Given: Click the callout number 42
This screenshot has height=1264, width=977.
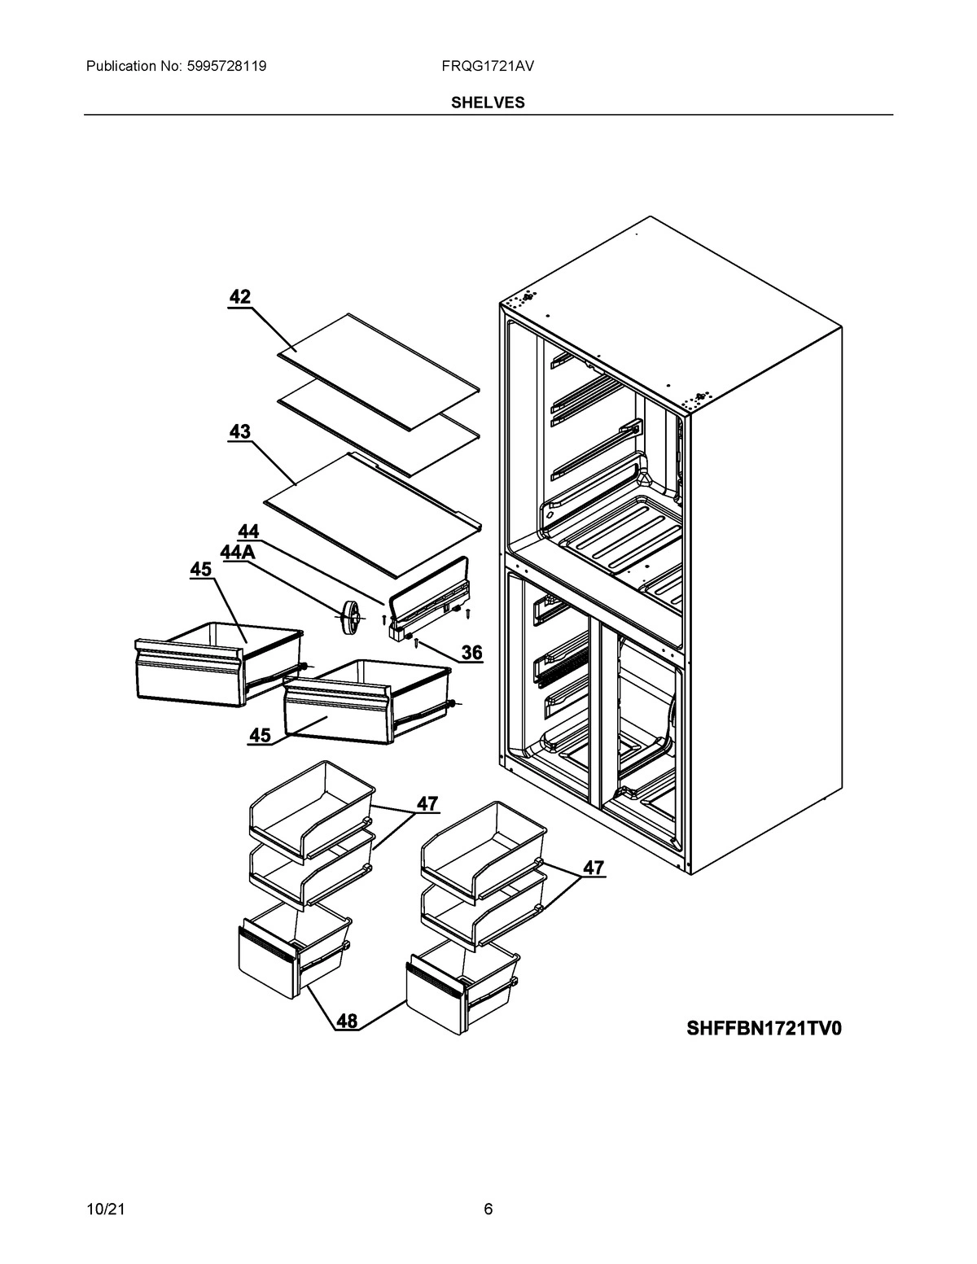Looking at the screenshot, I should pyautogui.click(x=239, y=297).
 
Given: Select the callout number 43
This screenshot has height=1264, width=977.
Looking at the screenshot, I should pyautogui.click(x=239, y=432).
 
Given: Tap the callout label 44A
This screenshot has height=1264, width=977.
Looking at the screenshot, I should pyautogui.click(x=238, y=553).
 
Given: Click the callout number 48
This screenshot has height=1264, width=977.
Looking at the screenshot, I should pyautogui.click(x=347, y=1021).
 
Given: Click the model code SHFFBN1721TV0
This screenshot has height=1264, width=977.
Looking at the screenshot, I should pyautogui.click(x=764, y=1029).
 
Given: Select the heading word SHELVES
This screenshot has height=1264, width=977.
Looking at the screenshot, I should pyautogui.click(x=488, y=103).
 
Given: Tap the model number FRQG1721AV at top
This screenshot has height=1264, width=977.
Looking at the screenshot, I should pyautogui.click(x=488, y=66).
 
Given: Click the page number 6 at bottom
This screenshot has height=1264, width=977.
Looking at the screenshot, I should pyautogui.click(x=488, y=1209).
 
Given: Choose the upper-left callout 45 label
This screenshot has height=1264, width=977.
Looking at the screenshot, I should pyautogui.click(x=200, y=570).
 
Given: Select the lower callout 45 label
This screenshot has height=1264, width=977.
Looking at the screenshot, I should pyautogui.click(x=260, y=735).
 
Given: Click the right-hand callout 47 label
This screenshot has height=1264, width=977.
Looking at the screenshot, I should pyautogui.click(x=594, y=868).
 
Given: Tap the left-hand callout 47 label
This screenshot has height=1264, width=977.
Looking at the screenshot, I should pyautogui.click(x=427, y=803).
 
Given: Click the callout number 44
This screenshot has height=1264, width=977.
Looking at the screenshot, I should pyautogui.click(x=248, y=531).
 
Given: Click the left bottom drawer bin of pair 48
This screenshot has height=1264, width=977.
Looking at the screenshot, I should pyautogui.click(x=293, y=952).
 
